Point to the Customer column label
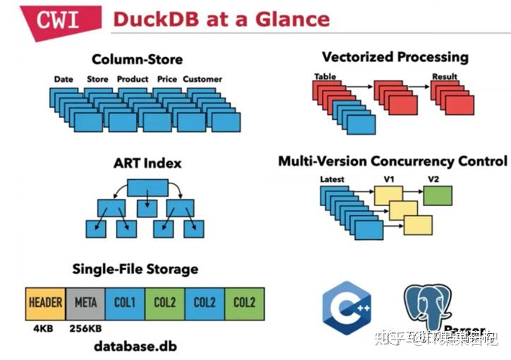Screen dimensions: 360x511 (x=202, y=79)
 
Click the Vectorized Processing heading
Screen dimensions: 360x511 (x=395, y=56)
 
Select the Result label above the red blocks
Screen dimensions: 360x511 (x=444, y=76)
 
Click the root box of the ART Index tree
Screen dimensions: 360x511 (x=147, y=188)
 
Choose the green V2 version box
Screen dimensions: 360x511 (x=438, y=195)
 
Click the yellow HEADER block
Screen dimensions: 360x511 (x=45, y=302)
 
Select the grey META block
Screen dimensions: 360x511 (x=85, y=302)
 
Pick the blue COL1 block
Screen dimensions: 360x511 (x=124, y=302)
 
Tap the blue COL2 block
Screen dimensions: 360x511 (x=205, y=302)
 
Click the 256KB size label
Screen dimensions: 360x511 (x=85, y=328)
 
